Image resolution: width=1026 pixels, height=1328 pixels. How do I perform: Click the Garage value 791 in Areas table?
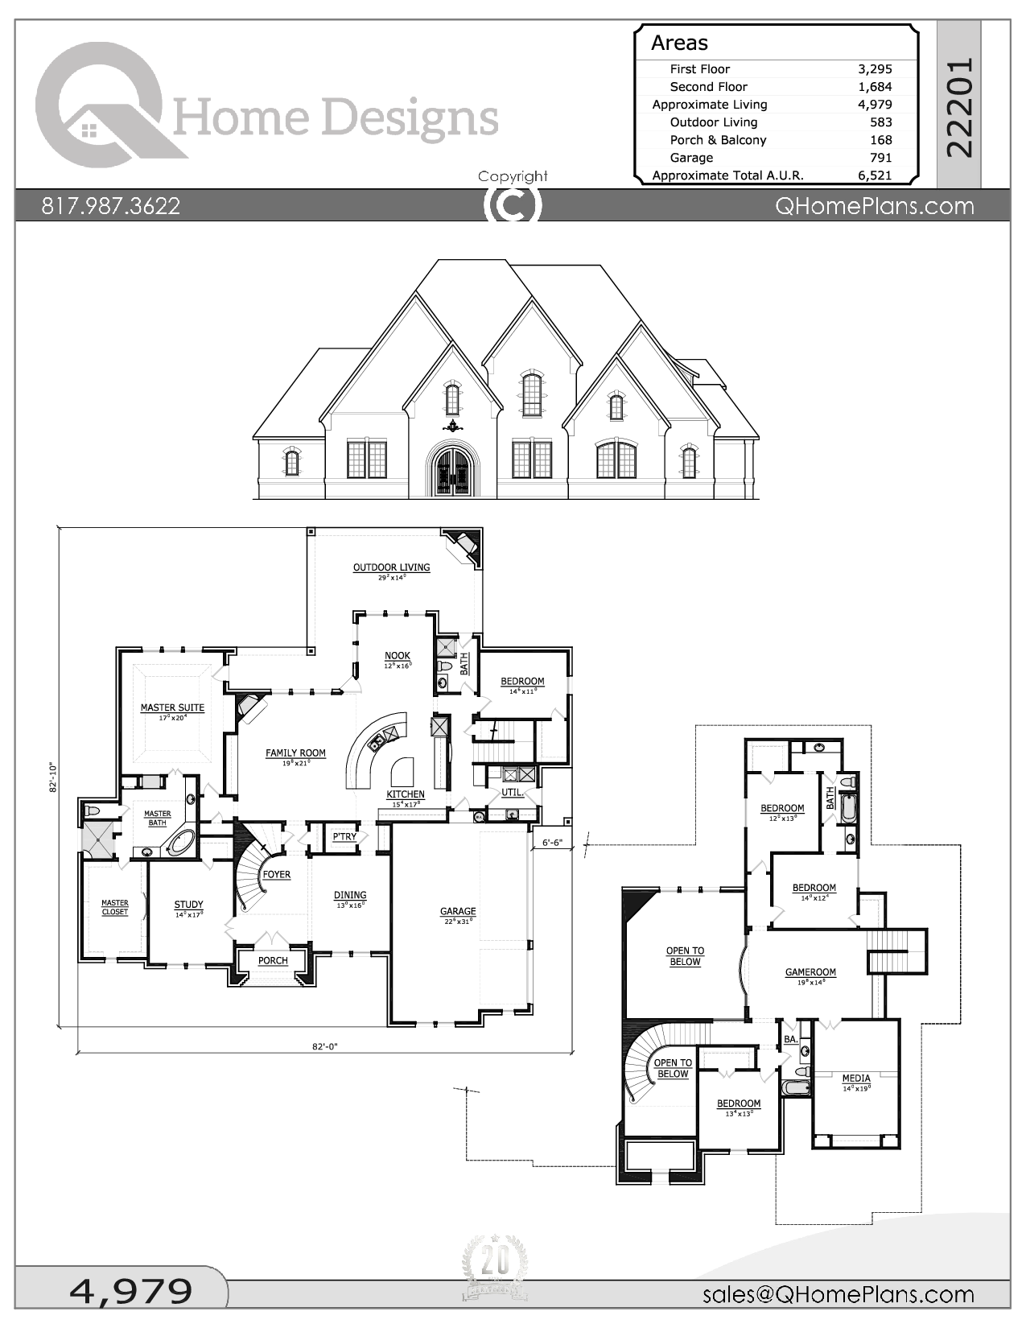[880, 158]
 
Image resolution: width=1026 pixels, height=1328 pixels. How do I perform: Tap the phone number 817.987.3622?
[111, 206]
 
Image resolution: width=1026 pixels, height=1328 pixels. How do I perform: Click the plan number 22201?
[960, 106]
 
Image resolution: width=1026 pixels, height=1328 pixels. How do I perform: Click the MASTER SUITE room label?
[172, 708]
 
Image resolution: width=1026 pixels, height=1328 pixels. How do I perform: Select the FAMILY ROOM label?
[295, 753]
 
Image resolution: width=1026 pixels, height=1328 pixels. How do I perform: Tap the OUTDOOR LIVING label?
[391, 567]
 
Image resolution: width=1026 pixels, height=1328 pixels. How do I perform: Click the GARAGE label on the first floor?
[458, 911]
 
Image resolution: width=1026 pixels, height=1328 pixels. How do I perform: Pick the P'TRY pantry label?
[344, 837]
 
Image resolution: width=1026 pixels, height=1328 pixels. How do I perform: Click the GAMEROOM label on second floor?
[810, 972]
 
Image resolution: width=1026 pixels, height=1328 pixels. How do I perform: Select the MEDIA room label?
[856, 1078]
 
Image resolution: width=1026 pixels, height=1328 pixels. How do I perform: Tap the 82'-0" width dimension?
[324, 1046]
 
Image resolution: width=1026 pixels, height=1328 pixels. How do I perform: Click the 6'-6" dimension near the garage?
[552, 843]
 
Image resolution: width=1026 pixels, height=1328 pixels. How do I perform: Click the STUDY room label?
[188, 905]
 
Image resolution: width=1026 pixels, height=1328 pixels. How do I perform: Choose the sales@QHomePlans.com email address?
[838, 1294]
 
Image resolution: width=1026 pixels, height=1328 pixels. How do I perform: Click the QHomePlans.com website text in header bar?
[874, 206]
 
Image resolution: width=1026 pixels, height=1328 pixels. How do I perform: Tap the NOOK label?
[397, 656]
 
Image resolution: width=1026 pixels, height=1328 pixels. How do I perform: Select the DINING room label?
[350, 895]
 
